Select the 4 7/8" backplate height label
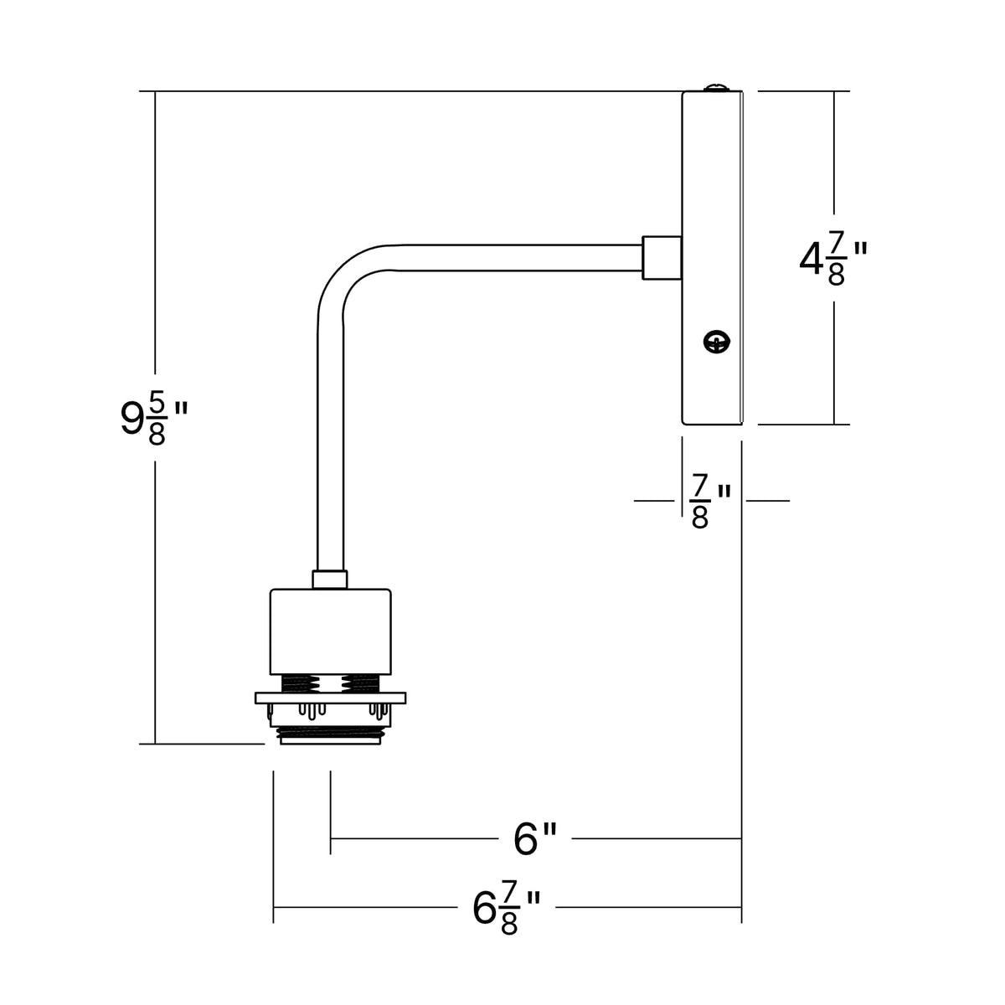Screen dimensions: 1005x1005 pos(833,260)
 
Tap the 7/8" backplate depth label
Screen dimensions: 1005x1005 pos(711,501)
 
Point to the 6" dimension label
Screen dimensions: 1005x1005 pos(535,839)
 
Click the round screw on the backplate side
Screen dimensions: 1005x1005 pos(717,343)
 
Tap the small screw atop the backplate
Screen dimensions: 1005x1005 pos(717,88)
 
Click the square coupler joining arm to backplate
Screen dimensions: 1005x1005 pos(662,258)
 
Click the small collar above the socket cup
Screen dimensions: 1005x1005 pos(330,580)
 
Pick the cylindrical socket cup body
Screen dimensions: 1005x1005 pos(330,631)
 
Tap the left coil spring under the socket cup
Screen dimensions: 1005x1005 pos(300,684)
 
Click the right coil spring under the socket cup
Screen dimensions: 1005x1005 pos(360,684)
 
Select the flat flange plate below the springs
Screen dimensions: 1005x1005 pos(330,698)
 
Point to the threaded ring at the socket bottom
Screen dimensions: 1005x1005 pos(330,736)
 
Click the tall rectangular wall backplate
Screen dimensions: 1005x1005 pos(713,258)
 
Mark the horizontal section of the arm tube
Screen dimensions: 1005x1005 pos(517,258)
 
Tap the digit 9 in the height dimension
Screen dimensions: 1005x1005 pos(131,418)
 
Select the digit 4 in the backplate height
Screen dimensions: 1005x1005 pos(811,259)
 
